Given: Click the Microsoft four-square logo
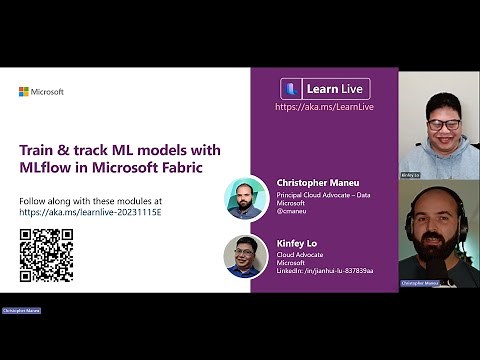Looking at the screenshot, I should coord(23,92).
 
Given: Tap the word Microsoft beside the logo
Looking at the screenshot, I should coord(46,92).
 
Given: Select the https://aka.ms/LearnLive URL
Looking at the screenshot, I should coord(324,106).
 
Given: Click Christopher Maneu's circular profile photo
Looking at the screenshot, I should coord(245,197).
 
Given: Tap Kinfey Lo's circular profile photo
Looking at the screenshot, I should coord(245,256).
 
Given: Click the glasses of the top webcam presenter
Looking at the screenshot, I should coord(442,124).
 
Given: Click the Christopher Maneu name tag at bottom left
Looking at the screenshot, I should coord(21,311).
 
